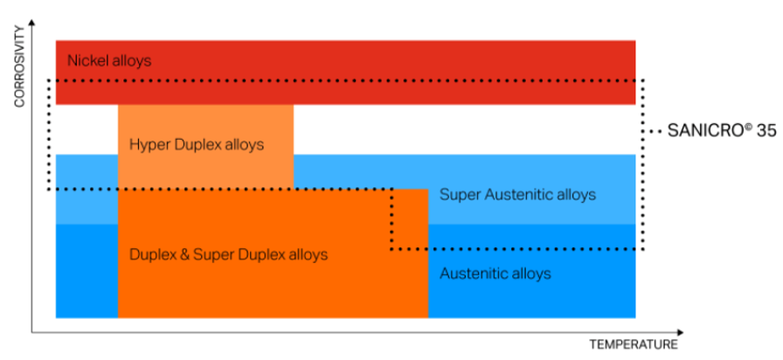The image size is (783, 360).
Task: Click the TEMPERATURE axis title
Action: [x=634, y=344]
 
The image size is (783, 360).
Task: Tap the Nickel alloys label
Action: [x=109, y=61]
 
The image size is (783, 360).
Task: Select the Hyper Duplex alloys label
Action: [x=197, y=145]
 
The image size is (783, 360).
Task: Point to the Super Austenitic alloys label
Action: [x=518, y=194]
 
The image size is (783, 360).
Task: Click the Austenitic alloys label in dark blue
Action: [x=495, y=273]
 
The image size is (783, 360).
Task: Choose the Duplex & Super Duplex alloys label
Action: [x=229, y=254]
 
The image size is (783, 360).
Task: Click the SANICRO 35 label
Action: [x=722, y=131]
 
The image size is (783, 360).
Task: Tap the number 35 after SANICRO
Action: [x=766, y=131]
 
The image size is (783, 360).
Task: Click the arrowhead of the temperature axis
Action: [x=680, y=332]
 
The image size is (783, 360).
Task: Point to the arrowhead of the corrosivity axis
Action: [x=32, y=22]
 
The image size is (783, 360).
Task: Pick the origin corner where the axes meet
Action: [x=32, y=332]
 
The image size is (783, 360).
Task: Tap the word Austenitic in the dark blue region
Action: [x=476, y=273]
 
